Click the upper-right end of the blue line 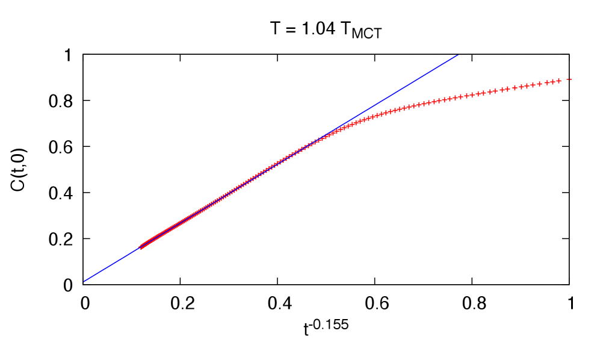click(x=457, y=55)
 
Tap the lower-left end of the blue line click(x=84, y=281)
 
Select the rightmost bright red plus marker click(x=558, y=81)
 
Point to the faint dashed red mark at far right click(x=569, y=79)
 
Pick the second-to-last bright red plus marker click(x=553, y=82)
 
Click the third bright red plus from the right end click(x=547, y=82)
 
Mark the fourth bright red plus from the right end click(x=539, y=84)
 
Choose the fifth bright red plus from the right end click(x=533, y=85)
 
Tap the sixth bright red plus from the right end click(x=527, y=85)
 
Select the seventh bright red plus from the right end click(x=521, y=87)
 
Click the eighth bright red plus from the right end click(x=515, y=88)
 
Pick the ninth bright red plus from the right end click(x=507, y=89)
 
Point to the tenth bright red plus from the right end click(x=502, y=90)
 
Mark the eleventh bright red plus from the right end click(x=495, y=91)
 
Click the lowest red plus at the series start click(x=141, y=247)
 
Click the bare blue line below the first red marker click(x=111, y=265)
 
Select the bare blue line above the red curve click(x=409, y=84)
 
